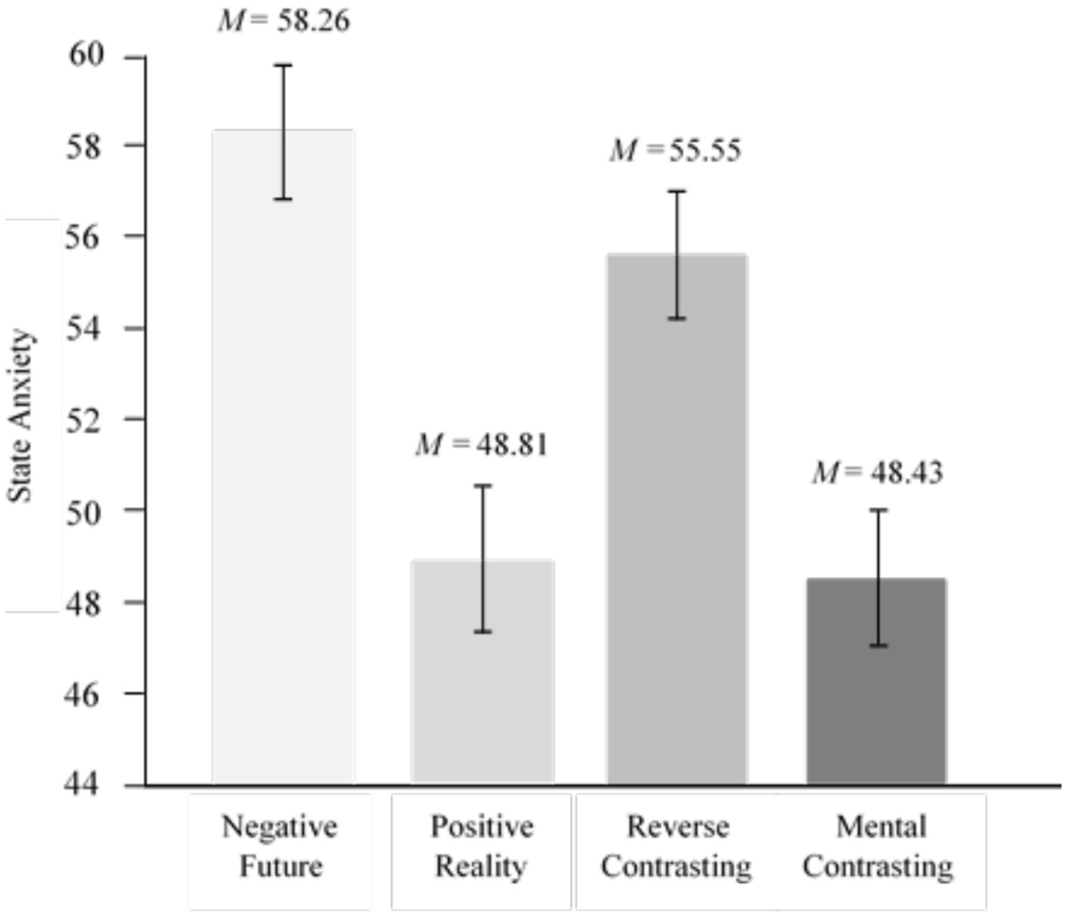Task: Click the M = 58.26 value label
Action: (284, 21)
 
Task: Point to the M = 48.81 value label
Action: (481, 444)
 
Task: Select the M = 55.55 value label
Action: (676, 151)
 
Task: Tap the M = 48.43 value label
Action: (877, 472)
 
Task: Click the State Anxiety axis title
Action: (21, 416)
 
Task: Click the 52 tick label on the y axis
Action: (85, 420)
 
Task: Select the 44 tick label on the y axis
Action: (85, 784)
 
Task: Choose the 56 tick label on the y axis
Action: (85, 237)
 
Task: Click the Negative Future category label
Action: (280, 846)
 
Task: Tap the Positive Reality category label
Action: (481, 846)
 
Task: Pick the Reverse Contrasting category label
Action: (677, 846)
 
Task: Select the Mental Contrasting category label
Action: (878, 846)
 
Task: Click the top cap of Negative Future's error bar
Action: (283, 65)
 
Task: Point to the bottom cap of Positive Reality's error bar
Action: (483, 632)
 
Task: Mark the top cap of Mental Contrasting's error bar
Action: (879, 510)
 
